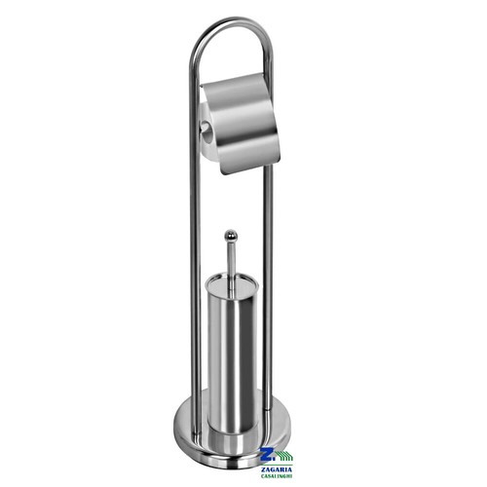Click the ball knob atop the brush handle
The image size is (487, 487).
tap(231, 234)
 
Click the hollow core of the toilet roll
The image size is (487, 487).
tap(206, 127)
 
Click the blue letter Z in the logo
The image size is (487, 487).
tap(268, 454)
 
